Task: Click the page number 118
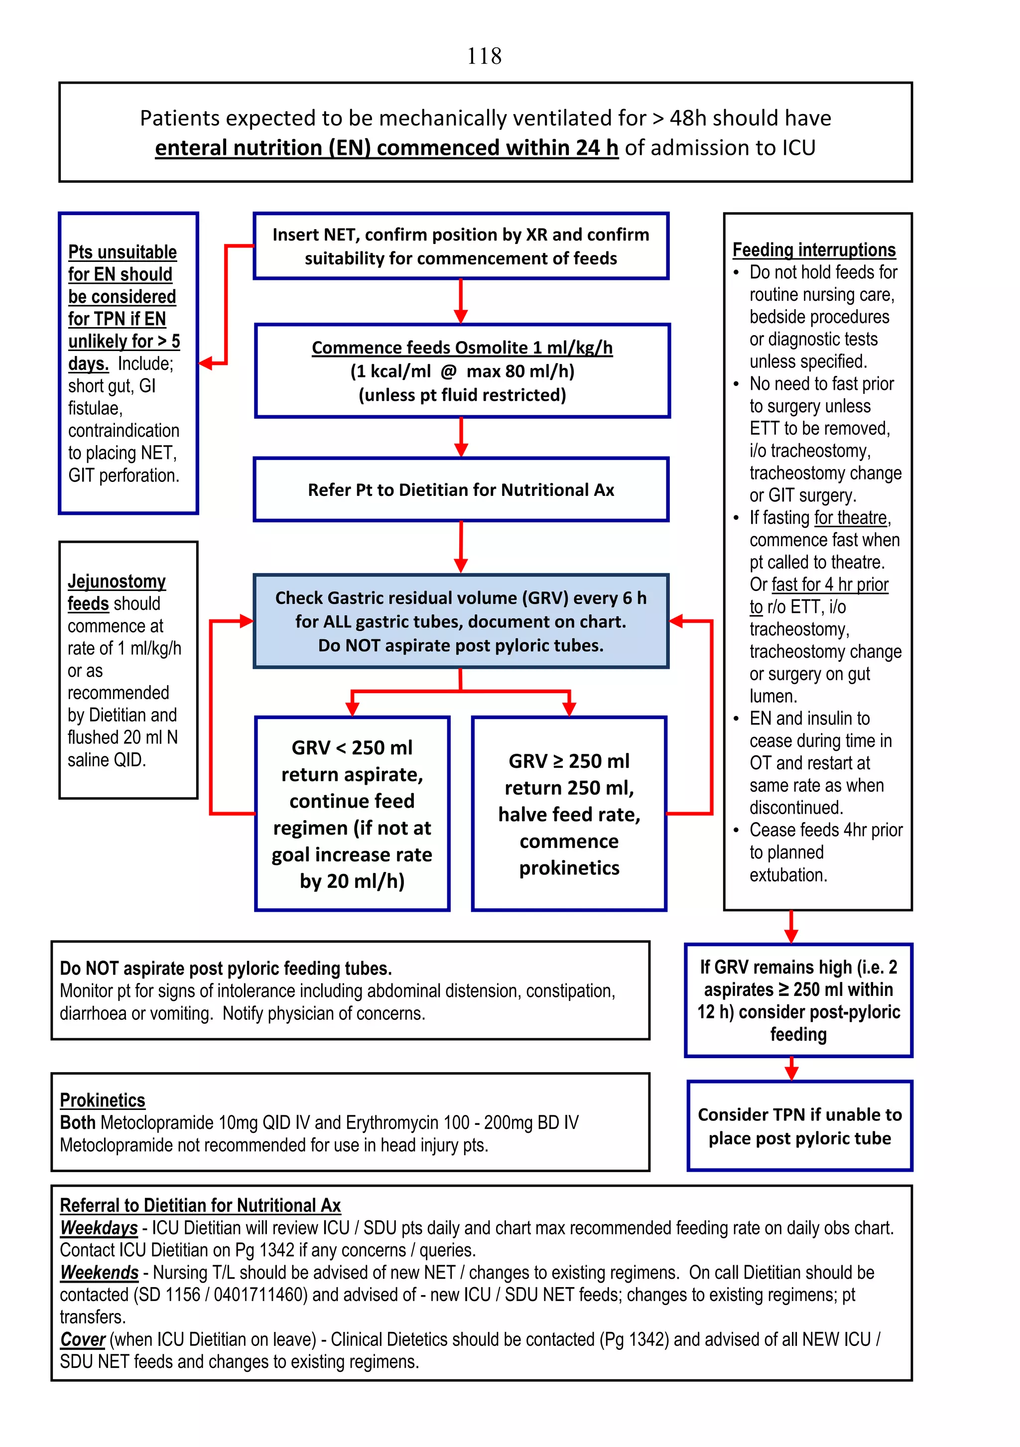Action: coord(484,56)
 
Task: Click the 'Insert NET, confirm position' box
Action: coord(461,246)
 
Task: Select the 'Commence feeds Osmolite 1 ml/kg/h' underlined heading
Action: coord(462,347)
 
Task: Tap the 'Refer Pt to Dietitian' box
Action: coord(461,489)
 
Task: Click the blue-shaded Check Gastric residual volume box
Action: coord(461,621)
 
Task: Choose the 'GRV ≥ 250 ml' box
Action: coord(569,813)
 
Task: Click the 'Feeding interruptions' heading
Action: coord(813,249)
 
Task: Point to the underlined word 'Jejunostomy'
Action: coord(117,581)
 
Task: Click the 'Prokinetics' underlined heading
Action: coord(102,1100)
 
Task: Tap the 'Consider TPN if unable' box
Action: coord(799,1126)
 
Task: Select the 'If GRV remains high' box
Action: coord(798,1000)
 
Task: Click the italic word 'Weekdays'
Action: coord(99,1228)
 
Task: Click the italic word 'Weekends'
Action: coord(99,1272)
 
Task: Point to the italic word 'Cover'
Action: coord(83,1339)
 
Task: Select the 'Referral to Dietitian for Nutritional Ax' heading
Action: coord(200,1205)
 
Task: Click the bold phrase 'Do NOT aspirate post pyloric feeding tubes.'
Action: coord(226,968)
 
